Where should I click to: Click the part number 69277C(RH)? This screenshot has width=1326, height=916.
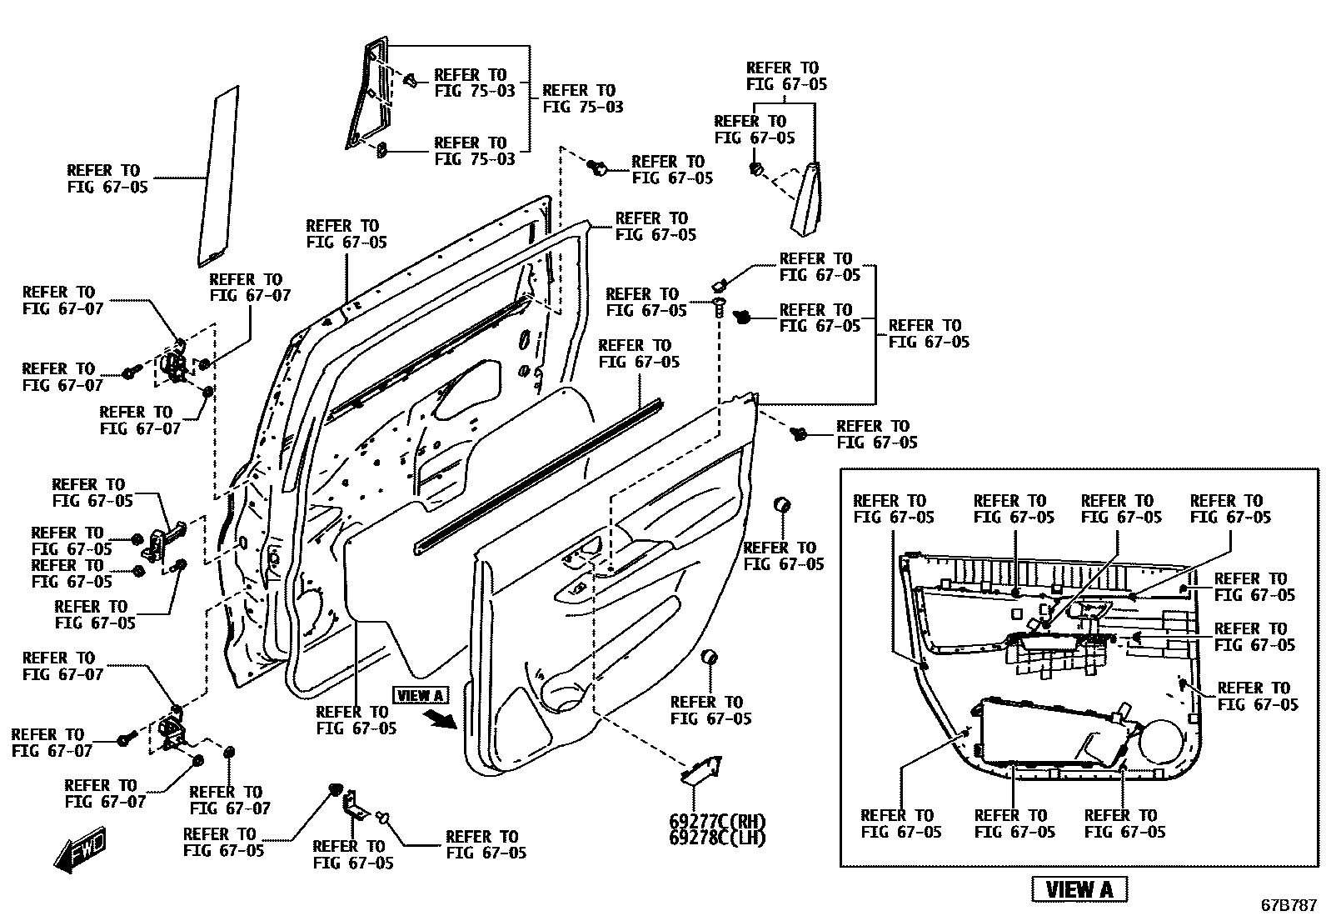pos(716,821)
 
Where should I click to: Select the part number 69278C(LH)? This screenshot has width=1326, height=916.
pos(716,837)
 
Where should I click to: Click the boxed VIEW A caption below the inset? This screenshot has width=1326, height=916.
pos(1079,889)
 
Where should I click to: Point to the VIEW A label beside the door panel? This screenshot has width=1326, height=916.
pos(421,695)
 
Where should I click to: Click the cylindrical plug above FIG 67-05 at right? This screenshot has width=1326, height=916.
pos(782,505)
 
